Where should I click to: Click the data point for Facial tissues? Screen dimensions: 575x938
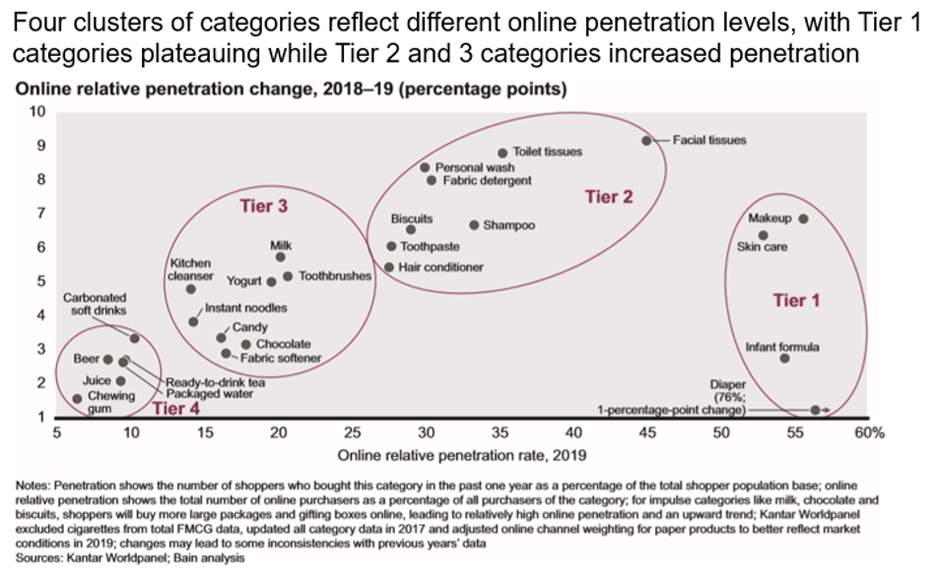[x=646, y=141]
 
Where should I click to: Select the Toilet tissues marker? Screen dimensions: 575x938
[x=502, y=153]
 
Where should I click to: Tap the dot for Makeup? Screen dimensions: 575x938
[x=803, y=219]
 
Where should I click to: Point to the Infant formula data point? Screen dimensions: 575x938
[x=784, y=358]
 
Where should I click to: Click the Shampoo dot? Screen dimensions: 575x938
[x=474, y=225]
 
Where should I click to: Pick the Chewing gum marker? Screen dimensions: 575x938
[x=77, y=399]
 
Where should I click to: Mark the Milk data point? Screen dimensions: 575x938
[x=281, y=257]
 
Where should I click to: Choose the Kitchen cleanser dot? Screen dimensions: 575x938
[x=191, y=288]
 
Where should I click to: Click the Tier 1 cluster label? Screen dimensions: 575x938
[x=795, y=300]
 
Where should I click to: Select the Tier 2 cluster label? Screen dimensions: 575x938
[x=608, y=197]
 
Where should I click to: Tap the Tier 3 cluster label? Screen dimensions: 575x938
[x=263, y=207]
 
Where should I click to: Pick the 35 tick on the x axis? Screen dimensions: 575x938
[x=500, y=432]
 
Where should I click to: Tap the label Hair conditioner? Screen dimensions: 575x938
[x=440, y=267]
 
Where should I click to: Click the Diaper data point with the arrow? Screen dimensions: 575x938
[x=815, y=410]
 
